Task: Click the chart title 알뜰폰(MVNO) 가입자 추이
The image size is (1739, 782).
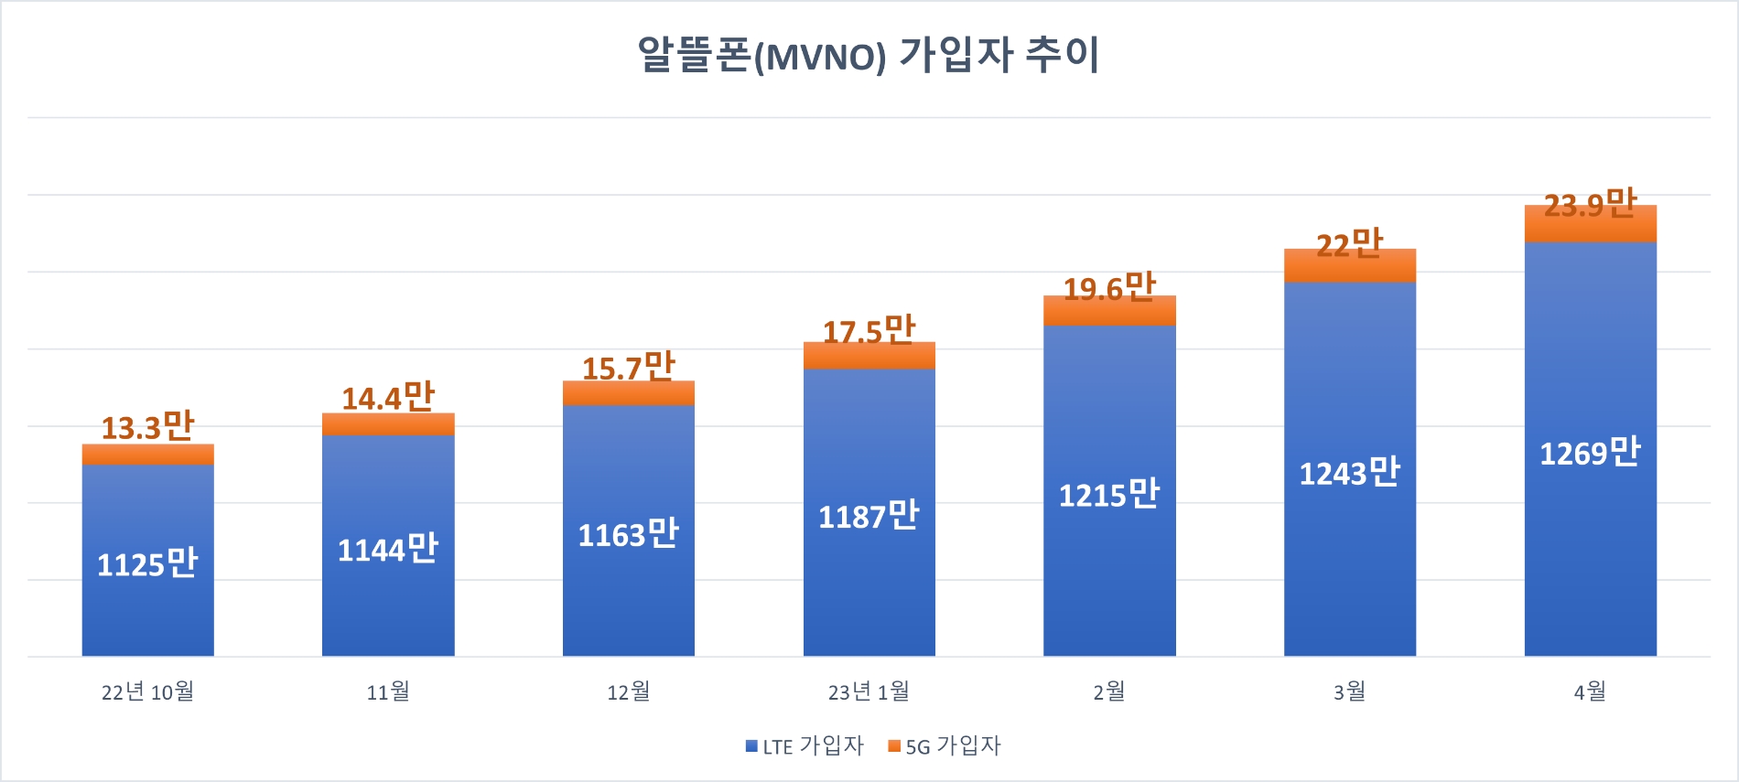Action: click(x=868, y=55)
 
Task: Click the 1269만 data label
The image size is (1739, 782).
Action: click(x=1590, y=453)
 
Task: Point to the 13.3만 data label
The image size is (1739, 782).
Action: click(x=147, y=427)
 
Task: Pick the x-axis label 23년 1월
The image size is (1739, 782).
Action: click(x=869, y=692)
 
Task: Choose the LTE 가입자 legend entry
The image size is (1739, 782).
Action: click(x=805, y=746)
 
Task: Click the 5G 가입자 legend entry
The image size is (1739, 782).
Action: click(x=945, y=746)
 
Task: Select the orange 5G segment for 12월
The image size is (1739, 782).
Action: click(x=628, y=394)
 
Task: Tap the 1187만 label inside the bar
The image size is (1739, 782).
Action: click(x=869, y=517)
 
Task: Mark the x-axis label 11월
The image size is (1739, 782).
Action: click(x=388, y=692)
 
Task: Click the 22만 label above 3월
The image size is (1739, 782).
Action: click(x=1349, y=244)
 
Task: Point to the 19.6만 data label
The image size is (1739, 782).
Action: click(x=1109, y=288)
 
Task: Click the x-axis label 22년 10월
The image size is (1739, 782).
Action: click(x=147, y=692)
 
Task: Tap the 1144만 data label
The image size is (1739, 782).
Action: click(x=388, y=550)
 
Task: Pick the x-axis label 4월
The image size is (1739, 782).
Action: click(x=1590, y=692)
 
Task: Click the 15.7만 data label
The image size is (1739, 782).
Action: click(x=628, y=368)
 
